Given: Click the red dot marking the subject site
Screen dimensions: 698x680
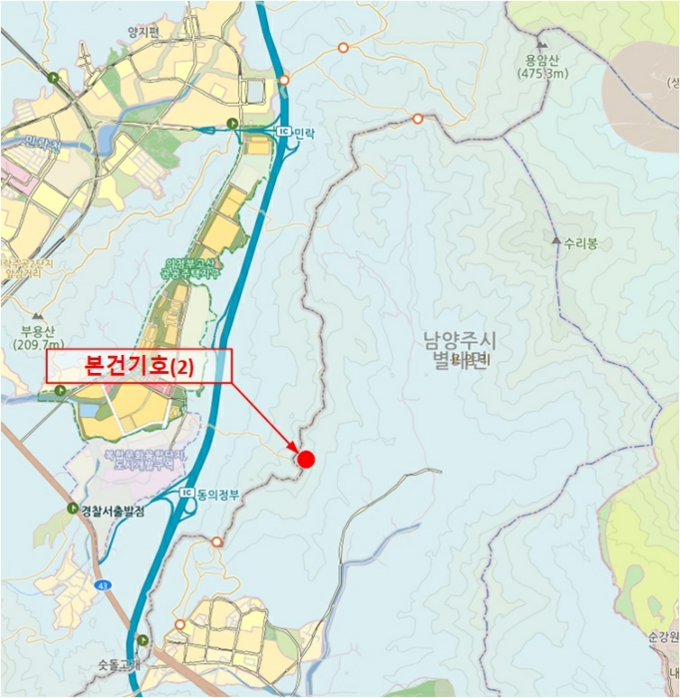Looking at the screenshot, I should click(306, 459).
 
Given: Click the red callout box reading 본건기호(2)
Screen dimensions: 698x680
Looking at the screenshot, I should click(139, 366).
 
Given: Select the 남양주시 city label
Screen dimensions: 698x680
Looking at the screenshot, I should click(459, 341).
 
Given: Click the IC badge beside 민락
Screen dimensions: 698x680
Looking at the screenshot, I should click(281, 132).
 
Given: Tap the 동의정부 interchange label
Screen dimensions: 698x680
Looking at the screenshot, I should click(217, 494).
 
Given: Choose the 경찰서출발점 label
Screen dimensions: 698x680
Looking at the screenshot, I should click(113, 511).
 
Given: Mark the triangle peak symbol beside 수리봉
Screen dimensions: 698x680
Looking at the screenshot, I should click(555, 242).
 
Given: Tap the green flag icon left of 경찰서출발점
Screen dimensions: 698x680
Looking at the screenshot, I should click(72, 509).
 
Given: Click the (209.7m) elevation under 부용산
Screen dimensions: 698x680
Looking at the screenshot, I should click(41, 345).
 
